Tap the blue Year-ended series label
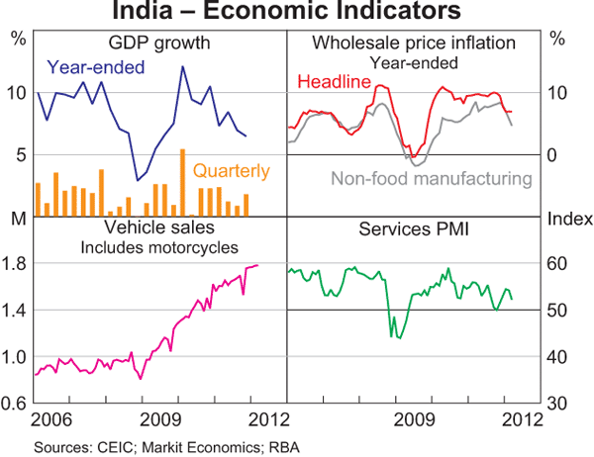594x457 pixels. (96, 67)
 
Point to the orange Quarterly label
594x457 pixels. (231, 171)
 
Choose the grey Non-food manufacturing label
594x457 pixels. (432, 179)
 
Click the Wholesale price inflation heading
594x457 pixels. (414, 43)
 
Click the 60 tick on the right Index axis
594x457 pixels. (558, 263)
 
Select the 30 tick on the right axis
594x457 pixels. (558, 404)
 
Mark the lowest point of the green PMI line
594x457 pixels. (399, 338)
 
